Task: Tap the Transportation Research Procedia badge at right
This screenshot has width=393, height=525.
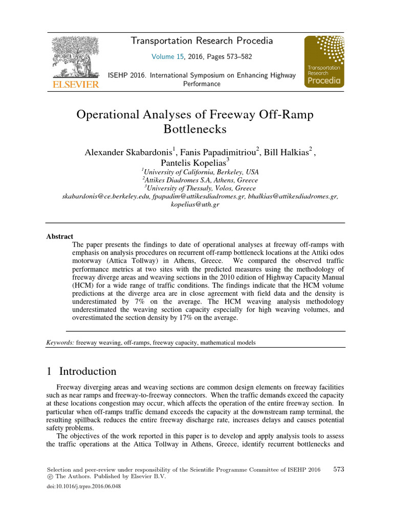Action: [x=324, y=62]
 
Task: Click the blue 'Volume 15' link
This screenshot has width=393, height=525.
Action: [x=167, y=57]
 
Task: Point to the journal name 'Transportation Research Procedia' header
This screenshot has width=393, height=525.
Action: [x=202, y=41]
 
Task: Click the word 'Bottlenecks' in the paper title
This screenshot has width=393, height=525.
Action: [x=194, y=129]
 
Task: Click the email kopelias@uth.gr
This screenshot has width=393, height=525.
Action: [x=194, y=205]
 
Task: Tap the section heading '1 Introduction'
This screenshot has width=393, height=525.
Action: [x=81, y=372]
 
